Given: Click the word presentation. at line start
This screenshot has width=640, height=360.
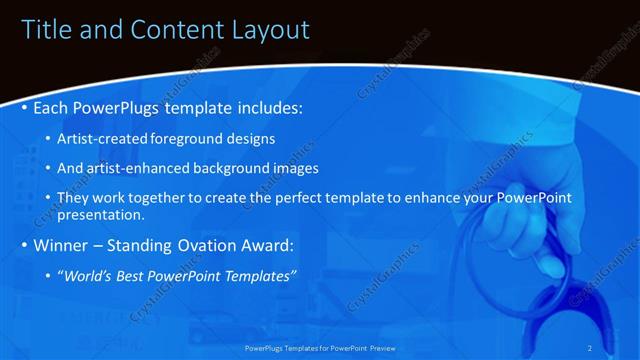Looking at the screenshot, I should pyautogui.click(x=102, y=214).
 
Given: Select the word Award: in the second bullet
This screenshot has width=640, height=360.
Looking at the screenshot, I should pyautogui.click(x=269, y=245).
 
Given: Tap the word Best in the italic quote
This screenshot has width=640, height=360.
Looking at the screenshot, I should pyautogui.click(x=145, y=275).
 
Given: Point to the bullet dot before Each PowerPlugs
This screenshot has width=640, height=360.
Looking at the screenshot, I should pyautogui.click(x=25, y=107).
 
